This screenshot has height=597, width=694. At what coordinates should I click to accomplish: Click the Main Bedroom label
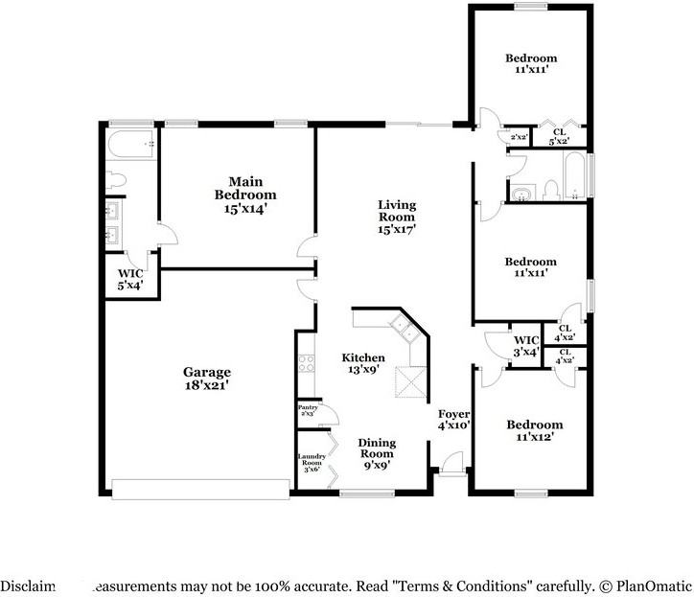pos(245,195)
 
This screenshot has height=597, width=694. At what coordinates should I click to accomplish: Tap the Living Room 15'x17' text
pos(396,217)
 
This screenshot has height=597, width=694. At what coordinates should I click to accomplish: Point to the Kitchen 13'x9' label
pos(364,364)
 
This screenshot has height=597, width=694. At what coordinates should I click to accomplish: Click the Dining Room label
pos(377,449)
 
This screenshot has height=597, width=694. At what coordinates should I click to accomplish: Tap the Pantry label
pos(308,410)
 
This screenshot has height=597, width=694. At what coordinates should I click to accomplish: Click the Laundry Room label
pos(312,462)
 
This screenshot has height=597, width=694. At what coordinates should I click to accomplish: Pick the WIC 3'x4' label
pos(526,346)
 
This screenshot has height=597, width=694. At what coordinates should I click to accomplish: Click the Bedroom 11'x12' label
pos(534,430)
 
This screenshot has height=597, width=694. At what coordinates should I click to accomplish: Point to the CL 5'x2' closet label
pos(558,136)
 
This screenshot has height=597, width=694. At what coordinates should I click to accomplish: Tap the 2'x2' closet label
pos(519,137)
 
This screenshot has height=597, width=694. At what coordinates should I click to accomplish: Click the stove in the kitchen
pos(307,362)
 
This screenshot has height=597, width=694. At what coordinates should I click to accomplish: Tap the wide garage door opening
pos(200,489)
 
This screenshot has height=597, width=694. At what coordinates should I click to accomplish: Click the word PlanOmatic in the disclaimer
pos(655,585)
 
